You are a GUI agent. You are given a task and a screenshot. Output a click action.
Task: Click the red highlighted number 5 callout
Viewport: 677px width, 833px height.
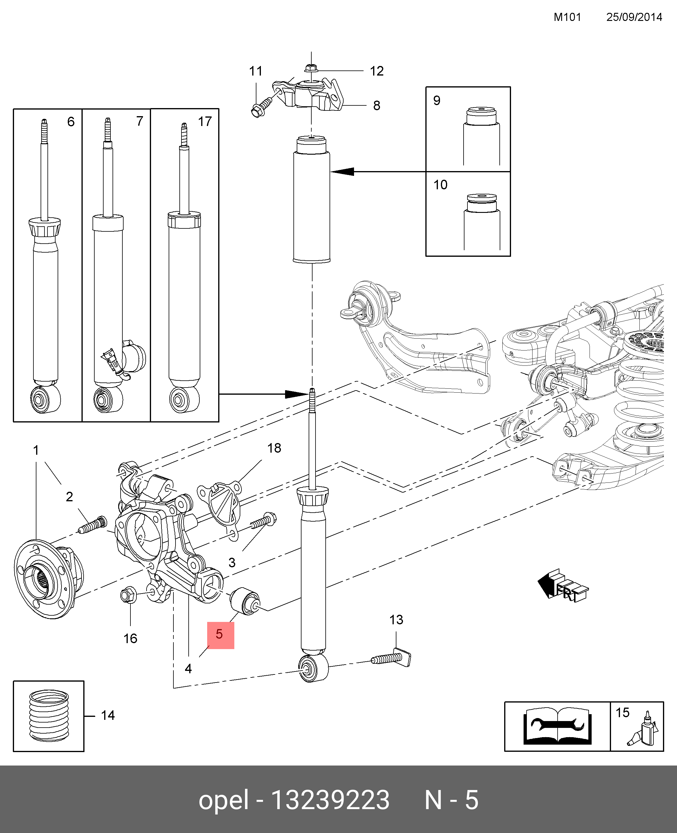coord(220,635)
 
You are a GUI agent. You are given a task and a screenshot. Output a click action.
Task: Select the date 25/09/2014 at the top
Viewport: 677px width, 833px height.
coord(634,17)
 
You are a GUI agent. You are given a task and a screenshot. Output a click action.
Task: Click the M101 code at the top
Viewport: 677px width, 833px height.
coord(567,17)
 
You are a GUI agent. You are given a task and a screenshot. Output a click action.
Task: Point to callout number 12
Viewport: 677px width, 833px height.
coord(377,71)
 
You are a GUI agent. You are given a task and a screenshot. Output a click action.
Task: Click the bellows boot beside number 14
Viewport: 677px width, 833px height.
coord(49,716)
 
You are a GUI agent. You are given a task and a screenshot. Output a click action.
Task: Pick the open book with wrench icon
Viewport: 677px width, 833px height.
coord(557,726)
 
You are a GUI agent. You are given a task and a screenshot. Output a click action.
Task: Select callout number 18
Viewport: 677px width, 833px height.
coord(274,448)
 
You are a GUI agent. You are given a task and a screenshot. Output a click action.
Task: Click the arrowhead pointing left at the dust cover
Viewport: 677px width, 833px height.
coord(343,172)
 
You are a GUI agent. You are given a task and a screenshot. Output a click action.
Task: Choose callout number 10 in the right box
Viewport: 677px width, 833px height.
coord(440,185)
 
